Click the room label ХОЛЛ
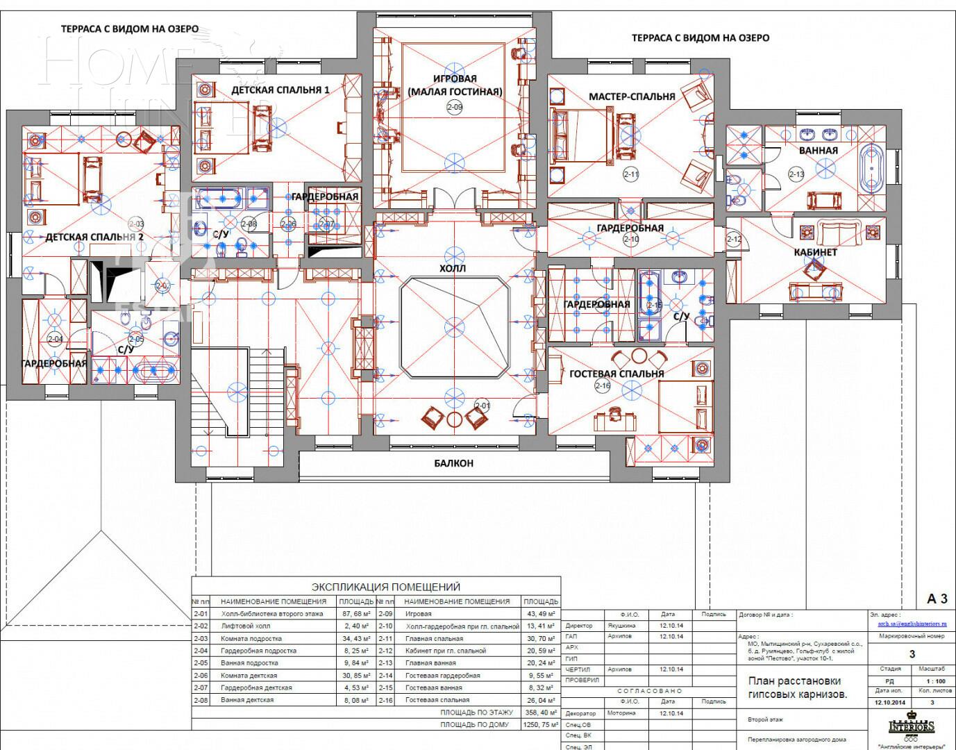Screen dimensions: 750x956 453,268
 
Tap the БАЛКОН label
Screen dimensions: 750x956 453,463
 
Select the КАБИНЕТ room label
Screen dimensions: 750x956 815,252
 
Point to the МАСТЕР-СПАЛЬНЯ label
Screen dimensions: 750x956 631,97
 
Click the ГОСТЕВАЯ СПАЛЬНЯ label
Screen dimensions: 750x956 617,374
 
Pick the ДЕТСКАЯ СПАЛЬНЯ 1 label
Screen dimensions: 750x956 280,90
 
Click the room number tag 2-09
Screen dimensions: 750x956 454,107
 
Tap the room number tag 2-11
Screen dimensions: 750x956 630,175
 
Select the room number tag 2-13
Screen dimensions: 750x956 796,174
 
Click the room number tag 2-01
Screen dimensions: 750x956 482,406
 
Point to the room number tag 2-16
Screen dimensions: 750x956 602,386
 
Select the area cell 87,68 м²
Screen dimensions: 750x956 354,614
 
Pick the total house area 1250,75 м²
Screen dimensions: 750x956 540,724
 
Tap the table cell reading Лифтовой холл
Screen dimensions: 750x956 245,626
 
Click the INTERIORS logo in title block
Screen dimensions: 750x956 912,726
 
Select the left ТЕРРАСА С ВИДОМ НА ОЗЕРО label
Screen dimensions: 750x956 129,29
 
